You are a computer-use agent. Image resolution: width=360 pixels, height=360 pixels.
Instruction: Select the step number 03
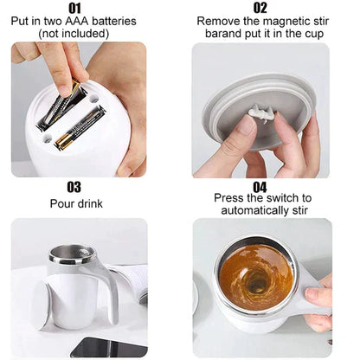pyautogui.click(x=74, y=186)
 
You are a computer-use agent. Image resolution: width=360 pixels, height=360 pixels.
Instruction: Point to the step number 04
pyautogui.click(x=260, y=186)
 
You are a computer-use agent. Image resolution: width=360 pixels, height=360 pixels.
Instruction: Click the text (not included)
pyautogui.click(x=74, y=34)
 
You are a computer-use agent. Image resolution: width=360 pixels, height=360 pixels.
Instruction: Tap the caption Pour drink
pyautogui.click(x=74, y=202)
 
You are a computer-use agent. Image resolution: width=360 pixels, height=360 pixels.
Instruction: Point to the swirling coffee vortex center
pyautogui.click(x=257, y=280)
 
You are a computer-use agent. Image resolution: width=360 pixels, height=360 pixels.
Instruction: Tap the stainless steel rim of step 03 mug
pyautogui.click(x=71, y=255)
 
